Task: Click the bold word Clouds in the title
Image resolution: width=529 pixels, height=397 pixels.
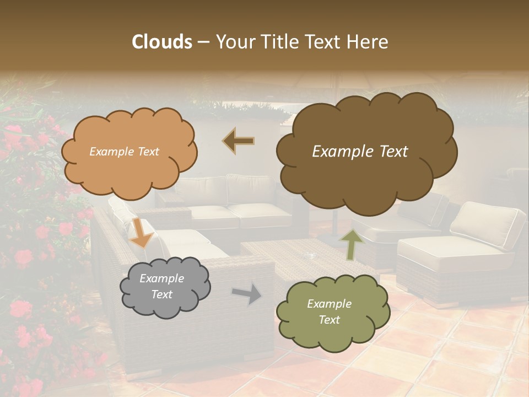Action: (x=162, y=42)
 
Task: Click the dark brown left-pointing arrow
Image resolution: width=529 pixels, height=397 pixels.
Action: (x=239, y=141)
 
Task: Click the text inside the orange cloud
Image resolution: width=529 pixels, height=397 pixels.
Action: (x=125, y=152)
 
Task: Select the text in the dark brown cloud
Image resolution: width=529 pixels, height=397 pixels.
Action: (x=360, y=152)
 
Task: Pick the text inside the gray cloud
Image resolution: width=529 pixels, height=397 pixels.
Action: (x=162, y=286)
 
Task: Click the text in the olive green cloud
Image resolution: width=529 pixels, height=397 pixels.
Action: (x=329, y=312)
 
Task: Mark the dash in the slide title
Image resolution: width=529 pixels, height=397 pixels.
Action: (x=203, y=42)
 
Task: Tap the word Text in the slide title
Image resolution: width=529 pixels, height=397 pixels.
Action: (x=326, y=42)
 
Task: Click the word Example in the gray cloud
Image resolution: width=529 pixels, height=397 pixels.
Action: (x=162, y=278)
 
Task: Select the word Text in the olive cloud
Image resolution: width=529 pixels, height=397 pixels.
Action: (x=329, y=320)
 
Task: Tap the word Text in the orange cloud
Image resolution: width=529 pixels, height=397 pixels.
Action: (x=148, y=152)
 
